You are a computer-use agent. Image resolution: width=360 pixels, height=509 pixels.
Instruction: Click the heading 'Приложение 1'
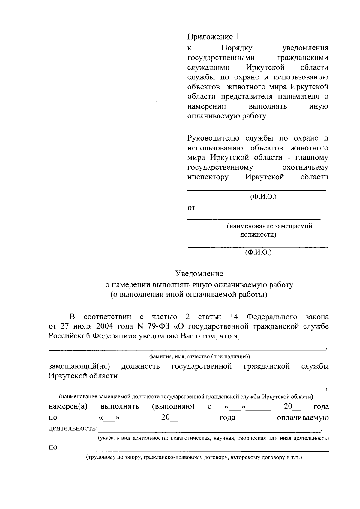click(x=213, y=37)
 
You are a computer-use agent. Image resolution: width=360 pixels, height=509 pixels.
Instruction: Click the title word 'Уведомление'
click(x=199, y=274)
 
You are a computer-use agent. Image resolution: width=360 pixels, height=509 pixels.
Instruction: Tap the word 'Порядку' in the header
click(x=237, y=48)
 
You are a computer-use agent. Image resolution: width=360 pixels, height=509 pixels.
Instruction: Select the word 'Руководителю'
click(x=213, y=138)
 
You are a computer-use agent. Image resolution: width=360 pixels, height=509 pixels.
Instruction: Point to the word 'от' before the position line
click(x=191, y=208)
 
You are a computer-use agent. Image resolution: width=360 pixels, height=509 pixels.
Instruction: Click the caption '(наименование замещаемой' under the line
click(x=269, y=226)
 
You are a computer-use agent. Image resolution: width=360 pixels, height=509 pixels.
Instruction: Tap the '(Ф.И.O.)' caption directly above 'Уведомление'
click(x=258, y=252)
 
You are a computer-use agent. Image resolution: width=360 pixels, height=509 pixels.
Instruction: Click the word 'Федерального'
click(x=272, y=317)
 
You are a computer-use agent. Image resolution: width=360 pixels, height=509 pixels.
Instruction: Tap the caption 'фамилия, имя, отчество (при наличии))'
click(x=199, y=357)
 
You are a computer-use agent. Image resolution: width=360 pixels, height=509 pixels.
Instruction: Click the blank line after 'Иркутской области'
click(x=222, y=380)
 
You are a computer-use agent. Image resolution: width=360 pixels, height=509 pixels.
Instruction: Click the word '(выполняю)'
click(x=173, y=407)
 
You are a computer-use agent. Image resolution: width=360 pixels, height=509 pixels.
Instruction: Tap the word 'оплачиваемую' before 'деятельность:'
click(x=303, y=418)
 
